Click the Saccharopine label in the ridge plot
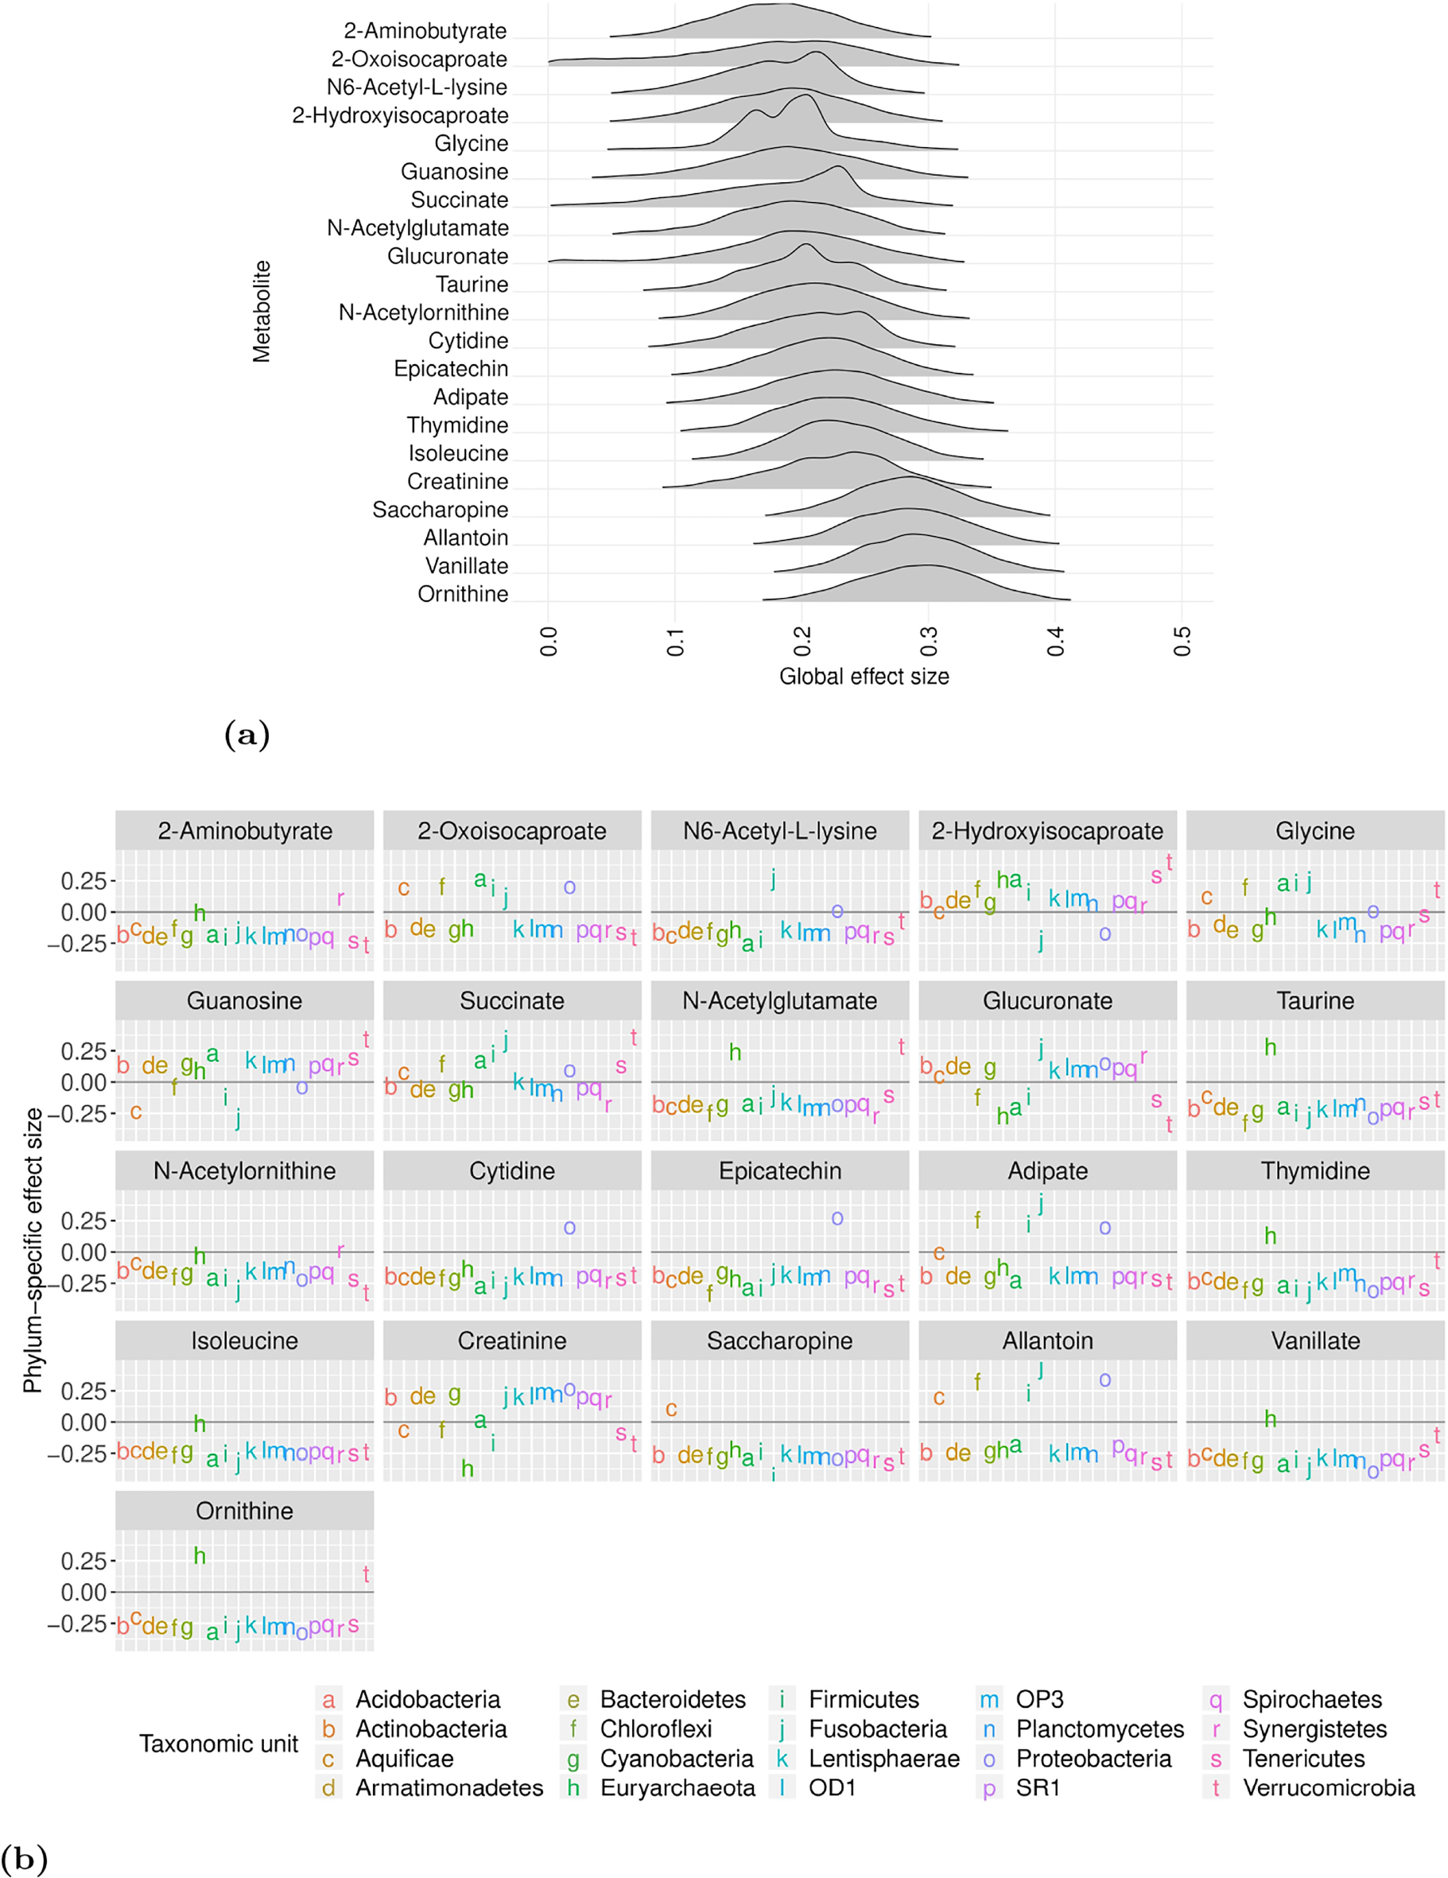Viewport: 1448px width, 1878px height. tap(440, 510)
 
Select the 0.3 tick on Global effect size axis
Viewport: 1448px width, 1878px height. tap(929, 642)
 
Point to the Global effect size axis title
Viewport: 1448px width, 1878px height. tap(864, 677)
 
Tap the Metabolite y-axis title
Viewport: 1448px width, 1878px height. tap(262, 312)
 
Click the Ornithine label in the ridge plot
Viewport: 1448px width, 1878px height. tap(463, 594)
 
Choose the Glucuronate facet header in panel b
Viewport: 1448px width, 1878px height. tap(1046, 1001)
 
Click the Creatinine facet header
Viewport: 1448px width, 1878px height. tap(511, 1341)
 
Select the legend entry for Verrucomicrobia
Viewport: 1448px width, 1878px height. tap(1328, 1787)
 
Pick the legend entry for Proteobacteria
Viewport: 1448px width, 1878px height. tap(1093, 1759)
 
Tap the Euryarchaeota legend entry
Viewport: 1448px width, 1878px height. tap(677, 1787)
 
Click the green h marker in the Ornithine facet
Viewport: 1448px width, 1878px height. tap(200, 1555)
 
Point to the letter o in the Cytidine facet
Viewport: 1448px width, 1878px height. tap(569, 1228)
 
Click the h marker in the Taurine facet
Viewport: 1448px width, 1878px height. tap(1270, 1047)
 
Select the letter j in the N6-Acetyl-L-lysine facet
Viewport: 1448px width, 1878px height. tap(773, 878)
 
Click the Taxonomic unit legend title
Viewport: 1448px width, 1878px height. tap(219, 1744)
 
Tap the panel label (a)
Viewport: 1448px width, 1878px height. tap(247, 735)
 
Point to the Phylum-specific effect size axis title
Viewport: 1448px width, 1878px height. tap(33, 1251)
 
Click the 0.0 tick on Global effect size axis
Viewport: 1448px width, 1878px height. tap(549, 642)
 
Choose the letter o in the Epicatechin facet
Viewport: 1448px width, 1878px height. tap(837, 1218)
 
